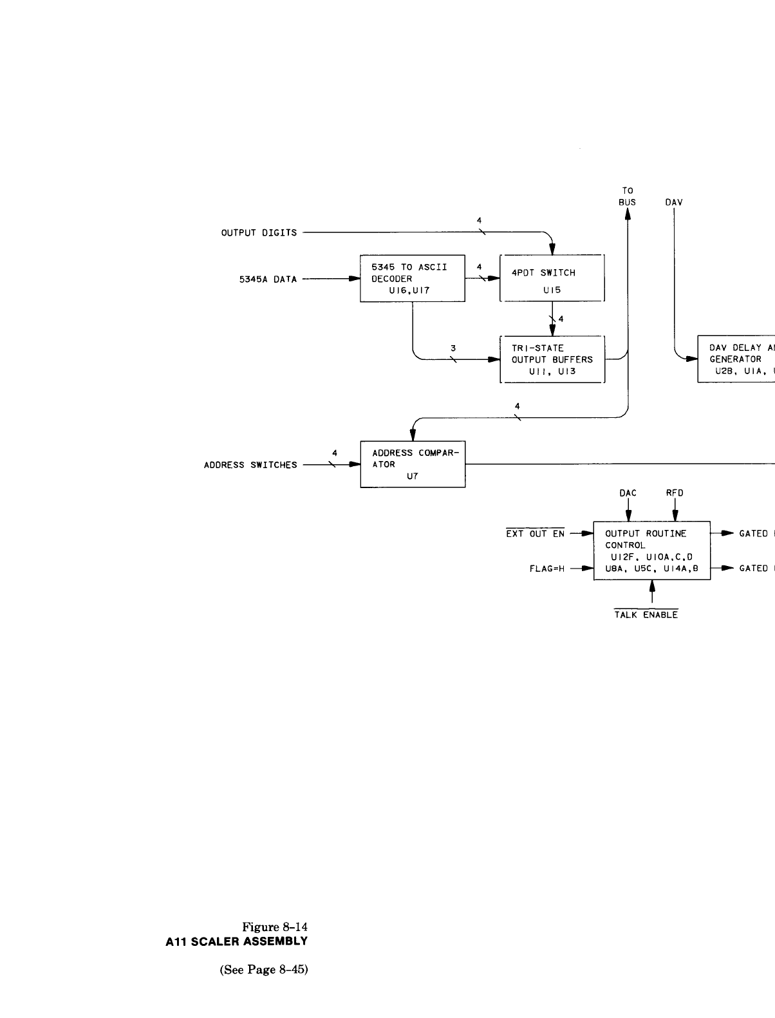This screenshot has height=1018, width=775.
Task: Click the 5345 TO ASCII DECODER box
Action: click(x=412, y=278)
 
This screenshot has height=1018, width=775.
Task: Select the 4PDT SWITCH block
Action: click(x=552, y=278)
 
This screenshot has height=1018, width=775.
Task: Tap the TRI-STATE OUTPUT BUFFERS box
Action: click(x=552, y=359)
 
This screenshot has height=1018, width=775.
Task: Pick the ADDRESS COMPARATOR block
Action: click(x=412, y=464)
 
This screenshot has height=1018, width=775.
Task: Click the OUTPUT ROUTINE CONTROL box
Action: click(x=651, y=551)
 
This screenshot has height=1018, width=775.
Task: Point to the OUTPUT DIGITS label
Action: click(x=259, y=232)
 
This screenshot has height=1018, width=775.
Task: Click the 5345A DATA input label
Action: click(x=268, y=279)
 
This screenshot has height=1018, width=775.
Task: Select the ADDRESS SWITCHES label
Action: click(x=250, y=465)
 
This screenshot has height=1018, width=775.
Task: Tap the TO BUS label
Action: click(x=628, y=196)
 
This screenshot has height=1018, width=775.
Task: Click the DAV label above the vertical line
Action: click(x=674, y=202)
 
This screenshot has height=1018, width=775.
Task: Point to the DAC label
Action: click(x=628, y=493)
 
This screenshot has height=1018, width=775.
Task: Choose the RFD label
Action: click(x=675, y=493)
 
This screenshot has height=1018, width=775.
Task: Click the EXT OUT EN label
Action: click(x=535, y=533)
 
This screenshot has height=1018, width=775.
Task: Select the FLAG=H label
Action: click(x=546, y=569)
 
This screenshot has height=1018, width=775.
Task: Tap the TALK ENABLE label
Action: click(x=646, y=615)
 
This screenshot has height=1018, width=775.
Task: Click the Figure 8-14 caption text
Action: click(x=274, y=927)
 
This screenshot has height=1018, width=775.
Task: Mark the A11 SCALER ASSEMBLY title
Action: click(x=236, y=941)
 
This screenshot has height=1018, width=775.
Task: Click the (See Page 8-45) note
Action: click(x=264, y=970)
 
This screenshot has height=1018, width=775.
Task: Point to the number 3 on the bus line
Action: click(x=453, y=348)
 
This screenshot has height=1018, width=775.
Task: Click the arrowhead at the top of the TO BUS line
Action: click(x=628, y=213)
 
